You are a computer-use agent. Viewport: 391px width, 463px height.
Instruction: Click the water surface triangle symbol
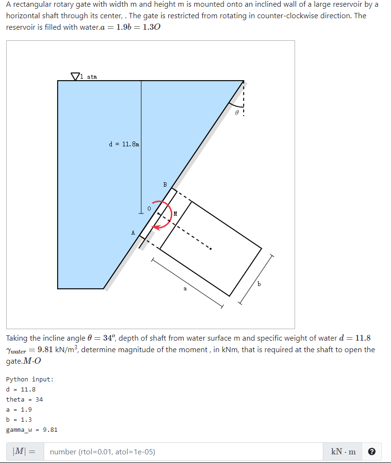pos(75,76)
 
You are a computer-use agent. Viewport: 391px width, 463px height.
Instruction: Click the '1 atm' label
pos(89,76)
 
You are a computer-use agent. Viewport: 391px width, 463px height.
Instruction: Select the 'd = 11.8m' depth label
pos(124,143)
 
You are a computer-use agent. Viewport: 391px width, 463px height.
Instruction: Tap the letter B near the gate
pos(165,184)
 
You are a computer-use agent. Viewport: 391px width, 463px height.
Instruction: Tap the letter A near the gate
pos(133,233)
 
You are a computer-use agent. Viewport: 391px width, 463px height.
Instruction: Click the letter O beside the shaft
pos(149,209)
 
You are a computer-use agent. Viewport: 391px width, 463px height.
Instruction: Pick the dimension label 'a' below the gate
pos(185,289)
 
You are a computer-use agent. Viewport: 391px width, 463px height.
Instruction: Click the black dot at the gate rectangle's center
pos(210,249)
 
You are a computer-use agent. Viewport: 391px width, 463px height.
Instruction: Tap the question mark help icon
pos(371,451)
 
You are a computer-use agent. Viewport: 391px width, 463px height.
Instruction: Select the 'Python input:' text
pos(30,379)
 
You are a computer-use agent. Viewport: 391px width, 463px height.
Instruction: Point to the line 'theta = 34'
pos(24,399)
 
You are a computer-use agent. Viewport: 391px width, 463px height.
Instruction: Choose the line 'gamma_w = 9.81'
pos(32,429)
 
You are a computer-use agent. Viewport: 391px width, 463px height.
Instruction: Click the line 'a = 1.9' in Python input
pos(19,409)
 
